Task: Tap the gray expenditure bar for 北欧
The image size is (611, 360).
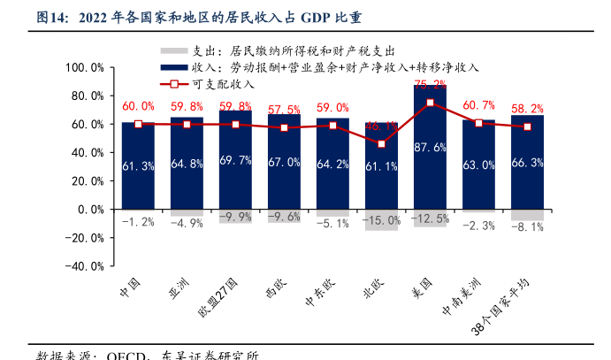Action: point(381,220)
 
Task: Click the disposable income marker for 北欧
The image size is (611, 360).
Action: point(381,144)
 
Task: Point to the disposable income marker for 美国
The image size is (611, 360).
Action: point(430,103)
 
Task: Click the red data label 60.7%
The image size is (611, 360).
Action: point(478,105)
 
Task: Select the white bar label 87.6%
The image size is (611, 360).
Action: point(430,148)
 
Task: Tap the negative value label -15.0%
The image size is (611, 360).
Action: point(381,220)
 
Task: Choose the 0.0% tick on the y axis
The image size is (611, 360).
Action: point(92,210)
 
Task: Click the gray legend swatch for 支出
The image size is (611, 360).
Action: point(173,52)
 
